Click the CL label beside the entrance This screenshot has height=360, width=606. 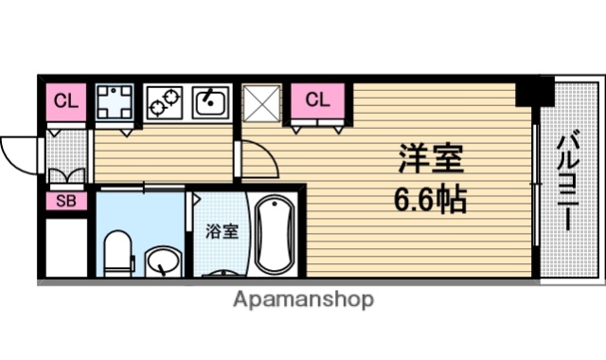[65, 100]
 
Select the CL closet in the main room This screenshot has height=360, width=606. [318, 99]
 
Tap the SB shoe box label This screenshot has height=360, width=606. [64, 200]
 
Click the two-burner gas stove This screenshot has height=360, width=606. [166, 100]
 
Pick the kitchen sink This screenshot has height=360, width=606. [210, 100]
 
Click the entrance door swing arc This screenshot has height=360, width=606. [19, 152]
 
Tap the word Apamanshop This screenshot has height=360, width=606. [302, 301]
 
